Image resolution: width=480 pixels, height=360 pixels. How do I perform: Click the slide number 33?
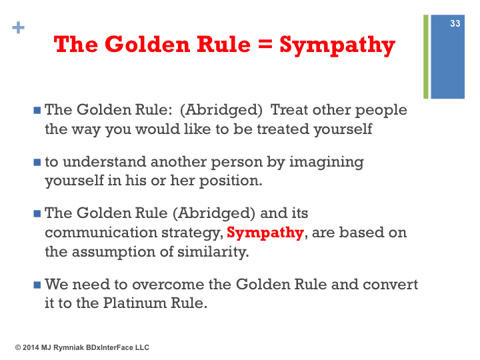pyautogui.click(x=455, y=23)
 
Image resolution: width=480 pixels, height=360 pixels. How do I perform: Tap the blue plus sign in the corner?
pyautogui.click(x=18, y=27)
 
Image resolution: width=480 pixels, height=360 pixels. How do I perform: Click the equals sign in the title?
pyautogui.click(x=265, y=44)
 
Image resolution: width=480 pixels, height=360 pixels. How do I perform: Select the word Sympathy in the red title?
pyautogui.click(x=337, y=45)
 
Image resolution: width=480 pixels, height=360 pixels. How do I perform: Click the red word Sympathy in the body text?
pyautogui.click(x=265, y=233)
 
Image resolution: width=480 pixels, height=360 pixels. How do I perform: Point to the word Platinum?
pyautogui.click(x=135, y=303)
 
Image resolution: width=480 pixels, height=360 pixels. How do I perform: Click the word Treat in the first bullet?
pyautogui.click(x=289, y=109)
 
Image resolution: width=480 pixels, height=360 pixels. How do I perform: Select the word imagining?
pyautogui.click(x=327, y=162)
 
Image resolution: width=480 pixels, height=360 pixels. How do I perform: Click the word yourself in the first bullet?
pyautogui.click(x=343, y=129)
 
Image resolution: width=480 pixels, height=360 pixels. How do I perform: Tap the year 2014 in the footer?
pyautogui.click(x=31, y=347)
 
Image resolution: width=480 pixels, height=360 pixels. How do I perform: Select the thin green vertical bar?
pyautogui.click(x=426, y=57)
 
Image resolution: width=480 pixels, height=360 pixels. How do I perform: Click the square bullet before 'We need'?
pyautogui.click(x=37, y=285)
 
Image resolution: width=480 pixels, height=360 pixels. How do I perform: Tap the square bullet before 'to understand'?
pyautogui.click(x=37, y=162)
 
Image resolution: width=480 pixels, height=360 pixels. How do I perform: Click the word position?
pyautogui.click(x=231, y=181)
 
